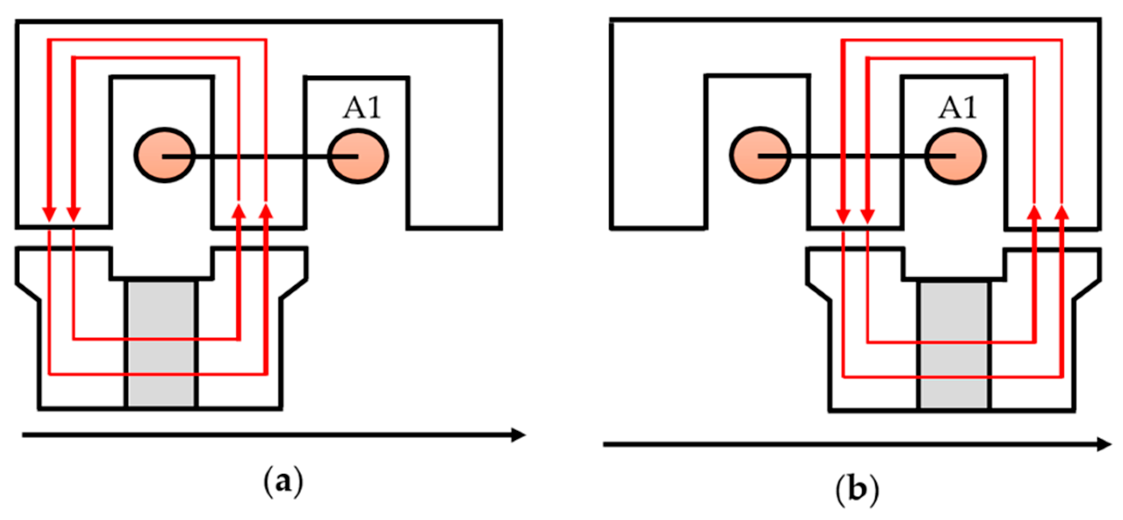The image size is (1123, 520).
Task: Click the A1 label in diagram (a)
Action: [362, 108]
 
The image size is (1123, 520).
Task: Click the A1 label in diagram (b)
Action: [957, 108]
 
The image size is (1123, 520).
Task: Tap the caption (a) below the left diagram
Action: [283, 482]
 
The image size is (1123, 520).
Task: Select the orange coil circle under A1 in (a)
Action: [358, 156]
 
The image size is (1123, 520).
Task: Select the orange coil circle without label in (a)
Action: [165, 155]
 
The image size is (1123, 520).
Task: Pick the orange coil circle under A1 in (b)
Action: [956, 156]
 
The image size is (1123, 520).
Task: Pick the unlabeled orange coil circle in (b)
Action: [760, 155]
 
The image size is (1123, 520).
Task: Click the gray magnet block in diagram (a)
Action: [162, 343]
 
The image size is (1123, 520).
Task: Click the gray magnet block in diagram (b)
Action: [954, 345]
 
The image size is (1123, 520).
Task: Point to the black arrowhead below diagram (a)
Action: [519, 435]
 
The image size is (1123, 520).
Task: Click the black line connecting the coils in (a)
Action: [263, 156]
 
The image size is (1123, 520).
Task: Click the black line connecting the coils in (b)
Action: [856, 156]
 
